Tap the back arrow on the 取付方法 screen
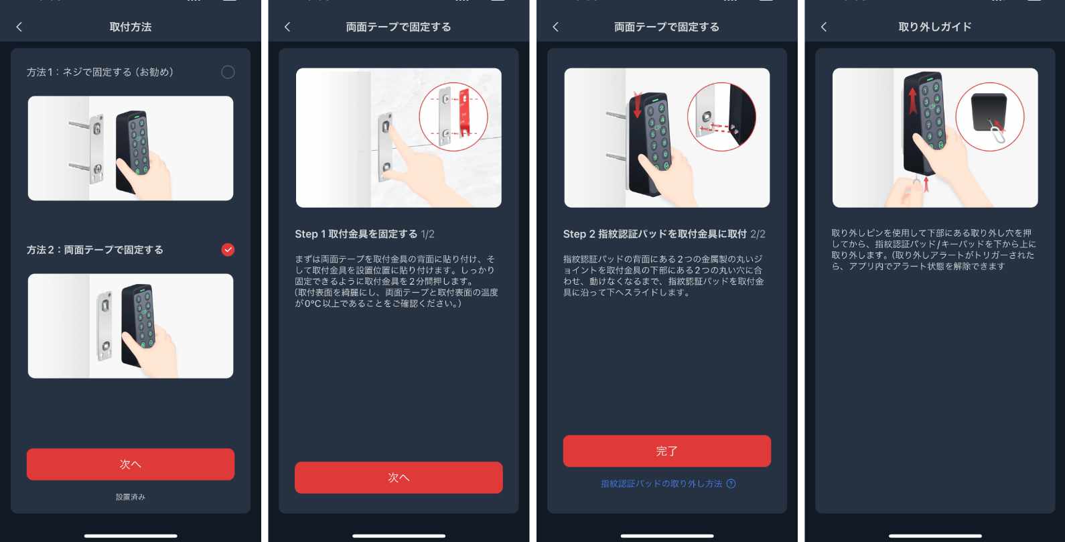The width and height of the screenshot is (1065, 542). [19, 27]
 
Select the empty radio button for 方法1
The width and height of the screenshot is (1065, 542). [228, 72]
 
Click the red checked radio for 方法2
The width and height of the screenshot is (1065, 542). [228, 250]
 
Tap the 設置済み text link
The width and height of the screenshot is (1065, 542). [131, 497]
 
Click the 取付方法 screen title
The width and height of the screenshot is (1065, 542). [131, 27]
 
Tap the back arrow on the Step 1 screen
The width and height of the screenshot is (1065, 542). [287, 27]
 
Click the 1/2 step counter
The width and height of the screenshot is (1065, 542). [428, 234]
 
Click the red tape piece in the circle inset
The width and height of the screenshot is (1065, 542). [464, 115]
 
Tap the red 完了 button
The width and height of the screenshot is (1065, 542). [666, 451]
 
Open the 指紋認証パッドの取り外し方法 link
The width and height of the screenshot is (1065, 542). [661, 484]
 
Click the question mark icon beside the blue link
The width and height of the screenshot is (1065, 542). [731, 484]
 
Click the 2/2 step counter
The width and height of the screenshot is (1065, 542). [758, 234]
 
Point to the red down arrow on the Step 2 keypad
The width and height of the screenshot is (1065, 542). [637, 105]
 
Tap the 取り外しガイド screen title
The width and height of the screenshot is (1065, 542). [934, 27]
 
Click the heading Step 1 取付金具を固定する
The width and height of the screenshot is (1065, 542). [356, 234]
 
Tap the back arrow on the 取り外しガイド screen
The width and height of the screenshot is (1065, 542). [824, 27]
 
